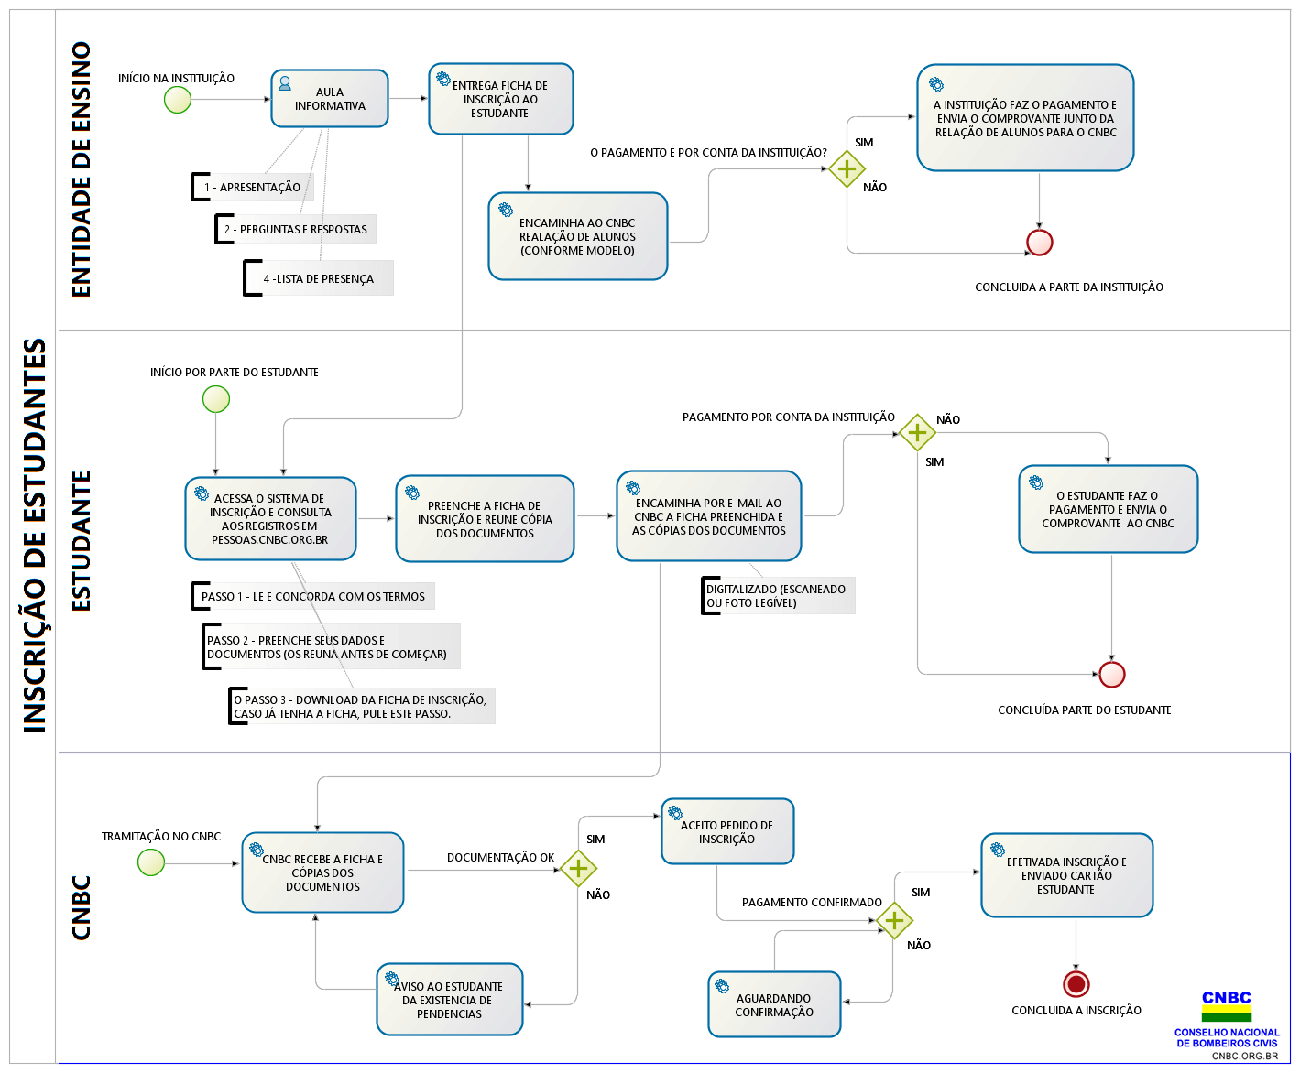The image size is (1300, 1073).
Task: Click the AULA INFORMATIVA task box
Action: [330, 98]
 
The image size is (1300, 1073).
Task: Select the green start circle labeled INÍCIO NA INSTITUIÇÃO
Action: [178, 100]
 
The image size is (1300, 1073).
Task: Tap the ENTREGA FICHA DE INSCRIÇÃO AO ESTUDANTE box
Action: [500, 98]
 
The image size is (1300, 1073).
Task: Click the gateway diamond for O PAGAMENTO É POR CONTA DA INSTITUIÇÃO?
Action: [847, 168]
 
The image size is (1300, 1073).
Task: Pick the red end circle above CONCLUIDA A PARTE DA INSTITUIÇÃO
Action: [1039, 242]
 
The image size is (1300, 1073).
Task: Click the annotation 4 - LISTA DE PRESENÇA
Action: [318, 278]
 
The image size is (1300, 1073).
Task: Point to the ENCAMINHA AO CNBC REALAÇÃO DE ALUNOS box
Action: [578, 236]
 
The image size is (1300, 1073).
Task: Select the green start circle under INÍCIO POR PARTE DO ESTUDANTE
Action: [216, 399]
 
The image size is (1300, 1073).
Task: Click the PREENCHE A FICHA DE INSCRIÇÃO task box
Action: [485, 518]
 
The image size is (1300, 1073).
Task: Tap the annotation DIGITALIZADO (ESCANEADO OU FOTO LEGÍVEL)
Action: [778, 596]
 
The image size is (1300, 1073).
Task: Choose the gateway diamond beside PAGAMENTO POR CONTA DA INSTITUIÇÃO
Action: [917, 432]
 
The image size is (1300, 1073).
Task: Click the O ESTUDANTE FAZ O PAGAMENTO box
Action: [1109, 508]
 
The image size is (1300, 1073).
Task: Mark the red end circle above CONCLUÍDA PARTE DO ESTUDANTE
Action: [1112, 675]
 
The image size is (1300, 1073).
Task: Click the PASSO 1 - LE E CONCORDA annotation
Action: [312, 596]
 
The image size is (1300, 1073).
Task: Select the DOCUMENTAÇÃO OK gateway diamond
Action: [578, 868]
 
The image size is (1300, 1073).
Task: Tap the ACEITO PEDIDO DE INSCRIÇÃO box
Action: [727, 831]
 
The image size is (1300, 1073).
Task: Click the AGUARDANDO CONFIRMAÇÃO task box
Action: [774, 1004]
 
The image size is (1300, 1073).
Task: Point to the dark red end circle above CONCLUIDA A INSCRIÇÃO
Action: [1076, 984]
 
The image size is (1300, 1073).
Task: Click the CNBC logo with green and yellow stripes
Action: [1227, 1006]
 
